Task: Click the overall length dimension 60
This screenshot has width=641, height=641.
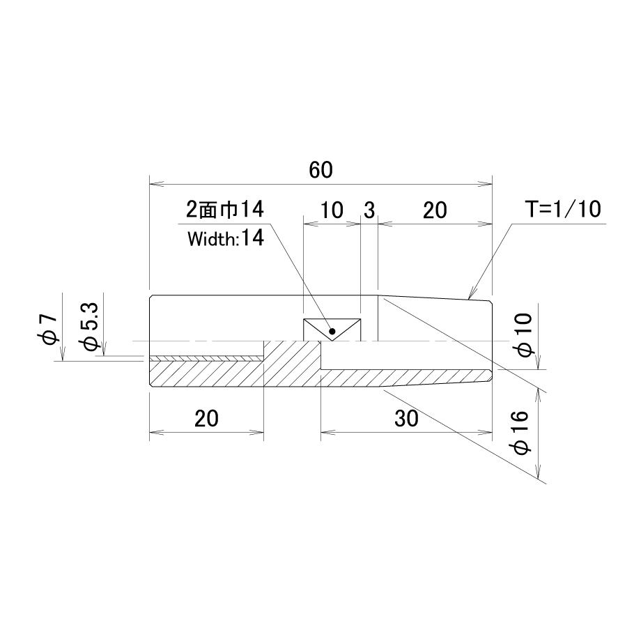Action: (321, 170)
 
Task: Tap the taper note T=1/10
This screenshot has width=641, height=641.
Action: (563, 209)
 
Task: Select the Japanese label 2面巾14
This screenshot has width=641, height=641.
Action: (225, 209)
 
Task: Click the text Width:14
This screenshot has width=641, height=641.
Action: (226, 238)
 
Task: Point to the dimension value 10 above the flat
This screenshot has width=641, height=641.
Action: (332, 210)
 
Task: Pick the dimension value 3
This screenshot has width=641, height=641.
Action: (369, 210)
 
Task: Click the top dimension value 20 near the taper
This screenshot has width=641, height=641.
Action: (435, 210)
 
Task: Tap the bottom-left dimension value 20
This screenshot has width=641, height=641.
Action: (206, 419)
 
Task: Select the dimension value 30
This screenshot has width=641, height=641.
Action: (406, 419)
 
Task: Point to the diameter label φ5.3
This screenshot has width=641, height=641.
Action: (91, 326)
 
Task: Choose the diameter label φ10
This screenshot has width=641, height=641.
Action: (525, 335)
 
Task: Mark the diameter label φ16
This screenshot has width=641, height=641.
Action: (521, 433)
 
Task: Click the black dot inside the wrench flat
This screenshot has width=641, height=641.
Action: (332, 331)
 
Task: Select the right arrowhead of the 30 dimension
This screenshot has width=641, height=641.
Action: (485, 431)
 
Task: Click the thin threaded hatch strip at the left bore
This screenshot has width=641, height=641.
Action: (206, 359)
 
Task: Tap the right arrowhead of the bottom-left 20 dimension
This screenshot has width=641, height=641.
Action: (256, 431)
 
